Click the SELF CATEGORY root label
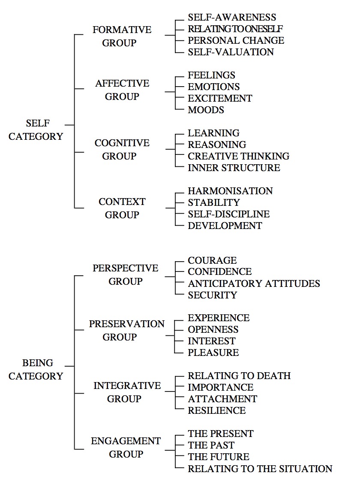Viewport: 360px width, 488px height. click(36, 130)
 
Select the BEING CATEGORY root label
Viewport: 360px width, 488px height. click(36, 369)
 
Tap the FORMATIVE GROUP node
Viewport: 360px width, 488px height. click(122, 36)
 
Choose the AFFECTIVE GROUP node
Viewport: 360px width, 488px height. click(122, 90)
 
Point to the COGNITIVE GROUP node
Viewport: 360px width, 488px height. click(122, 149)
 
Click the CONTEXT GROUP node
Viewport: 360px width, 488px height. click(122, 208)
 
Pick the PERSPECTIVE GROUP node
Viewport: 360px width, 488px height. click(126, 274)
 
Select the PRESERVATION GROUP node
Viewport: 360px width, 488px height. click(126, 330)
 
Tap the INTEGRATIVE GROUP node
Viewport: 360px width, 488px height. click(127, 392)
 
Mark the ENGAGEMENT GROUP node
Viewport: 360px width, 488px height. click(126, 448)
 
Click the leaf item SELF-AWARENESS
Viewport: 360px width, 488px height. click(232, 17)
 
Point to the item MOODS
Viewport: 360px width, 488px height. click(206, 110)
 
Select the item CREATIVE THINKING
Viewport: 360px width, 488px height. click(238, 156)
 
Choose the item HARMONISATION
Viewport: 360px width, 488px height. click(230, 191)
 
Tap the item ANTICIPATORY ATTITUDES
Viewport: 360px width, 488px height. click(254, 283)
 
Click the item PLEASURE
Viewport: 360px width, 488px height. click(213, 352)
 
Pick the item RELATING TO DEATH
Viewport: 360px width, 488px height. click(239, 376)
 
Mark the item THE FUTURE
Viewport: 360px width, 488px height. click(219, 457)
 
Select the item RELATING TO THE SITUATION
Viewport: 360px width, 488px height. click(260, 469)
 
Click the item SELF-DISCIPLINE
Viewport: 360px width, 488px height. click(229, 214)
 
